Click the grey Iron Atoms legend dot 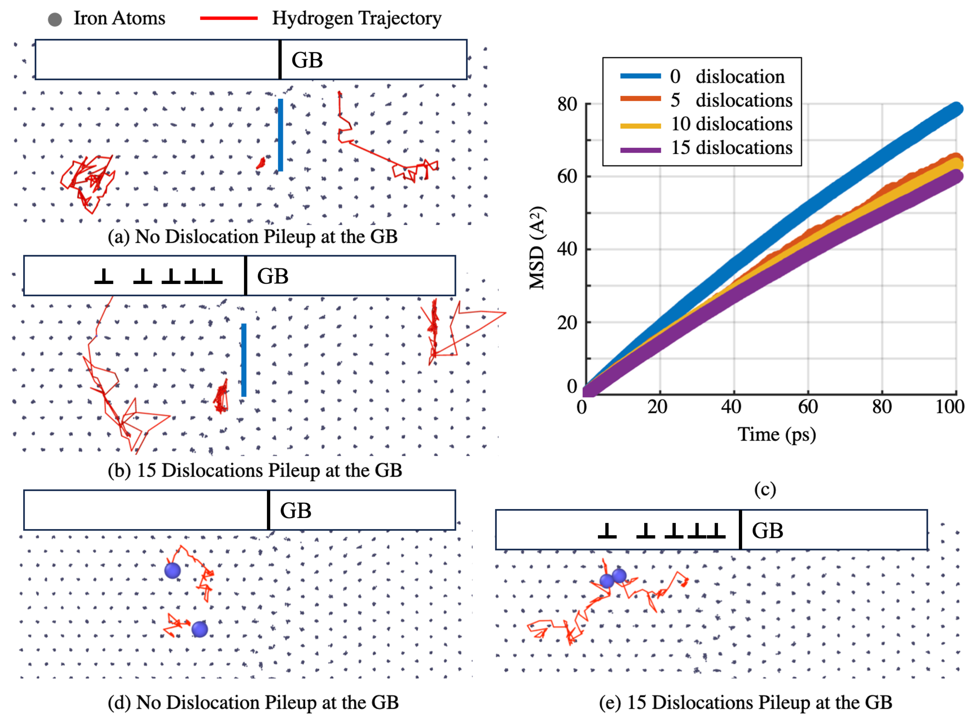[54, 19]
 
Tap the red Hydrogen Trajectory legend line [229, 18]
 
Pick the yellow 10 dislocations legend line [641, 126]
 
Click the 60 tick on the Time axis [808, 407]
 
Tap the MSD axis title [537, 248]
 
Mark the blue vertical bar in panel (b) [244, 360]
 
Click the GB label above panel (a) [307, 60]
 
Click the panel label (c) [765, 489]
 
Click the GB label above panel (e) [767, 531]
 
